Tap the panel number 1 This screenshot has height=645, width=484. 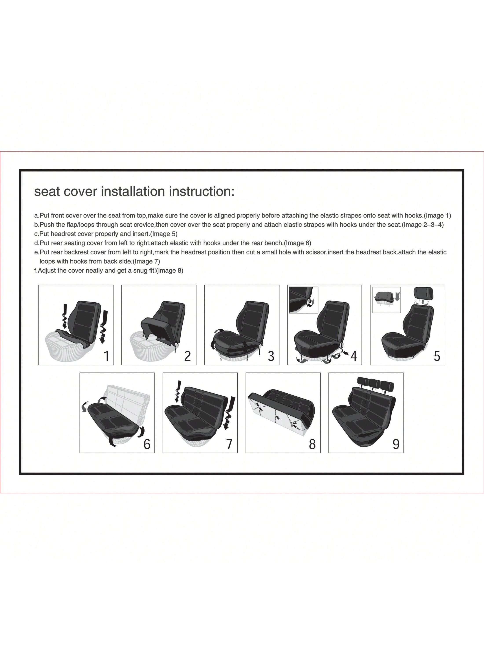[106, 356]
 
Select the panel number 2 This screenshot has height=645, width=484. [188, 356]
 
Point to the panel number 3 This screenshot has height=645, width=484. [271, 356]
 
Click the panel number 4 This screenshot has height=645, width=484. [354, 356]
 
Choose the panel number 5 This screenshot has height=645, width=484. [437, 356]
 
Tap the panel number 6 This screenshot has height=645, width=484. [147, 444]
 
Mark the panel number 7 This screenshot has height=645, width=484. [230, 444]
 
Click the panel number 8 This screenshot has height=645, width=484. [312, 444]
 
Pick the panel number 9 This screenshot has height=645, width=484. [396, 444]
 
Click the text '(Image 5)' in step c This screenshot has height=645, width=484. [164, 234]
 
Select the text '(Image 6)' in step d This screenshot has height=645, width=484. [298, 243]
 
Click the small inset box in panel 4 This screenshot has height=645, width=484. [304, 300]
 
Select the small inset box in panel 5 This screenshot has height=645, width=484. [387, 300]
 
